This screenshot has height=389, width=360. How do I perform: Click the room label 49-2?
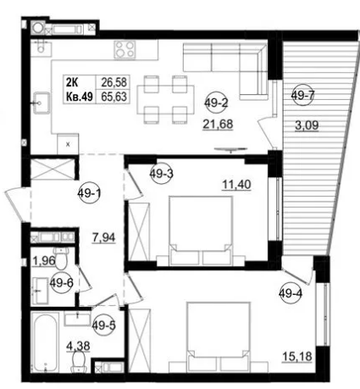pyautogui.click(x=216, y=103)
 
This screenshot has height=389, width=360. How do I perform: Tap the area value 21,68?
pyautogui.click(x=218, y=124)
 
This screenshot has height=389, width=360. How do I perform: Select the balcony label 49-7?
pyautogui.click(x=302, y=96)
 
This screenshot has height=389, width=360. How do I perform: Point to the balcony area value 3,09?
pyautogui.click(x=307, y=125)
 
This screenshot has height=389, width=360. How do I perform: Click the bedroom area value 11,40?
pyautogui.click(x=236, y=185)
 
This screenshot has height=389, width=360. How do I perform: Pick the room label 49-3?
pyautogui.click(x=161, y=174)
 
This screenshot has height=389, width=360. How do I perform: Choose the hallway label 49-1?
pyautogui.click(x=89, y=193)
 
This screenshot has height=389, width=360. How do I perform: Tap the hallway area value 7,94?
pyautogui.click(x=104, y=237)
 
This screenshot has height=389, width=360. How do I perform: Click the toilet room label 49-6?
pyautogui.click(x=62, y=282)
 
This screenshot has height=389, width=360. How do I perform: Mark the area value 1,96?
pyautogui.click(x=44, y=260)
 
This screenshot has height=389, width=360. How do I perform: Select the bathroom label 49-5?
pyautogui.click(x=104, y=325)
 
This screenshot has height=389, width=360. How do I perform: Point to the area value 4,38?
pyautogui.click(x=78, y=346)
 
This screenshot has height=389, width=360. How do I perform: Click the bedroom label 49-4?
pyautogui.click(x=291, y=294)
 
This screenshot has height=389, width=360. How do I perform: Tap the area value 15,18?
pyautogui.click(x=297, y=357)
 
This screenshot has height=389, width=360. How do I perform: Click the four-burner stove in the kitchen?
pyautogui.click(x=125, y=50)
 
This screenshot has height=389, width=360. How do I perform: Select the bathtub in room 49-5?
pyautogui.click(x=45, y=342)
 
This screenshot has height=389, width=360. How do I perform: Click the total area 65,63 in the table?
pyautogui.click(x=114, y=97)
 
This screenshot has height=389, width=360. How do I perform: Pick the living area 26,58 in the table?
pyautogui.click(x=114, y=82)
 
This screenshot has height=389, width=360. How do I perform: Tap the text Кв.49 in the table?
pyautogui.click(x=80, y=97)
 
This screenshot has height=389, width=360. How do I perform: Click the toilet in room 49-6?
pyautogui.click(x=61, y=258)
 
